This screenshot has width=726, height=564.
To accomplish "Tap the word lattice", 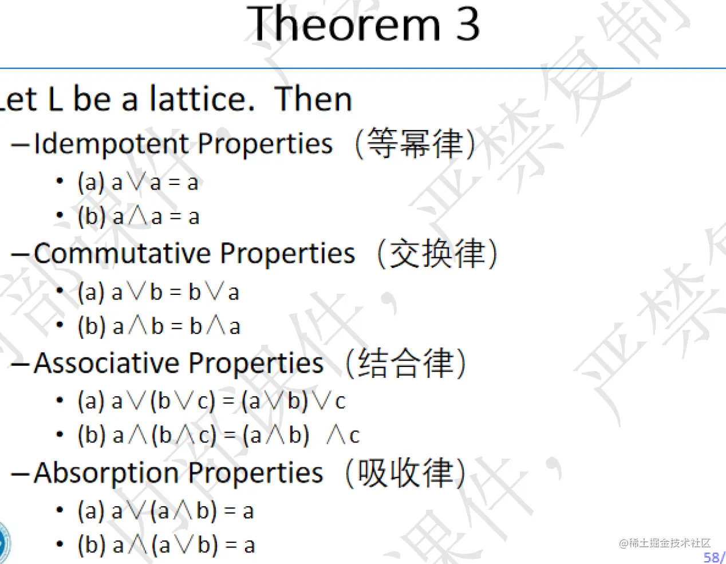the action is pos(202,98).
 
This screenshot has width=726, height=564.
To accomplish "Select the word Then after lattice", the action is pos(313,98).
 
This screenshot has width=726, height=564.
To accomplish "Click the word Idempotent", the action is pos(111,144).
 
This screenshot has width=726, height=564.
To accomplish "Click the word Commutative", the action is pos(123,253).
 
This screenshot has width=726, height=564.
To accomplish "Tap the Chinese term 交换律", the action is pos(437,253).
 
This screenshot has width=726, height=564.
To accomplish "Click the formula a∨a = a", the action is pos(155,183).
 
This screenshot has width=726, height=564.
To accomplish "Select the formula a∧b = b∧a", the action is pos(176,326).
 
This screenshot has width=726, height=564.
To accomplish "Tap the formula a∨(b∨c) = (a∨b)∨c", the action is pos(228,401).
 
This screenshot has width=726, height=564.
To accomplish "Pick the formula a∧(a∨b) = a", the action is pos(184,545).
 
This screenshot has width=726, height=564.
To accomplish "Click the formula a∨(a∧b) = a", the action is pos(183,511).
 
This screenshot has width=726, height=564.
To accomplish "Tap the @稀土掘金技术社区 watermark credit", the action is pos(665,543).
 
